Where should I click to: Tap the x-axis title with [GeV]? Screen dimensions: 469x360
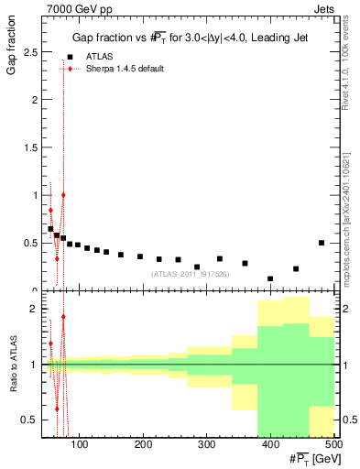click(308, 459)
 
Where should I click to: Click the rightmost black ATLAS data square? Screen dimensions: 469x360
click(321, 243)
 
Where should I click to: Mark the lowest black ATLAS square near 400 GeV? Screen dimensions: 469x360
click(270, 278)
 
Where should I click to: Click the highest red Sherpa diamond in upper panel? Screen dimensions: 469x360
click(63, 195)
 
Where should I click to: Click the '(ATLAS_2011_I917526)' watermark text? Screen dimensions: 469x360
click(189, 273)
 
